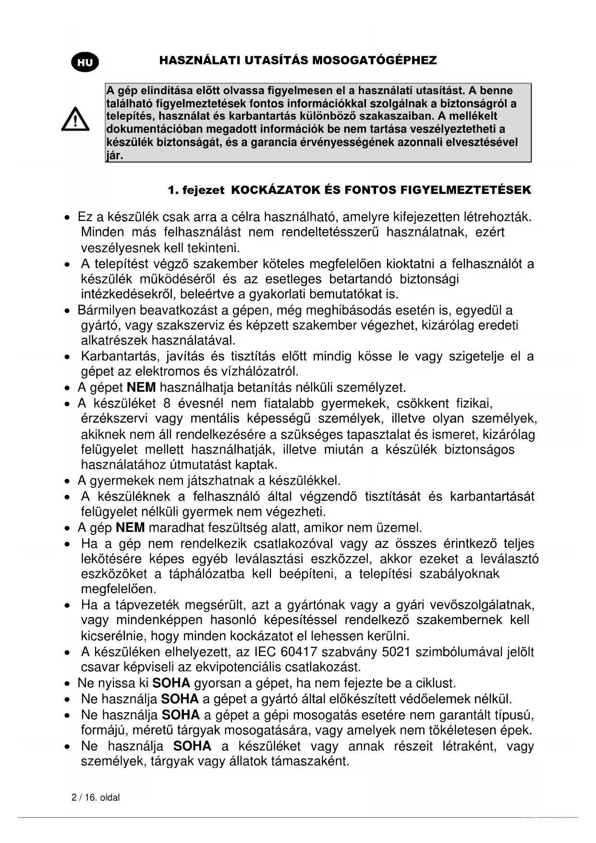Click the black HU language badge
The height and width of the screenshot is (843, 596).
pyautogui.click(x=85, y=62)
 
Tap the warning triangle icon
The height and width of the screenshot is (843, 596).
pyautogui.click(x=75, y=119)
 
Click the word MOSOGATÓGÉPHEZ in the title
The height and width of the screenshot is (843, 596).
pyautogui.click(x=375, y=61)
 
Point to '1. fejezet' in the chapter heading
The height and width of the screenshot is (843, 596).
pyautogui.click(x=196, y=190)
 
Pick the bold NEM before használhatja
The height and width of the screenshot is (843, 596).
pyautogui.click(x=141, y=387)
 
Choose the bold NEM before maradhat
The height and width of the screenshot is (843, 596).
pyautogui.click(x=130, y=528)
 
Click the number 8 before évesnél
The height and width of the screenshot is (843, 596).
pyautogui.click(x=167, y=403)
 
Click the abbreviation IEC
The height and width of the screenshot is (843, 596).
pyautogui.click(x=265, y=652)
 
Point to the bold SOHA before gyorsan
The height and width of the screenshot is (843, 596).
pyautogui.click(x=171, y=683)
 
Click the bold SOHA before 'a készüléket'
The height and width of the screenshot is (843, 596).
pyautogui.click(x=192, y=746)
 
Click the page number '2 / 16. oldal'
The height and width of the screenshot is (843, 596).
pyautogui.click(x=96, y=798)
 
